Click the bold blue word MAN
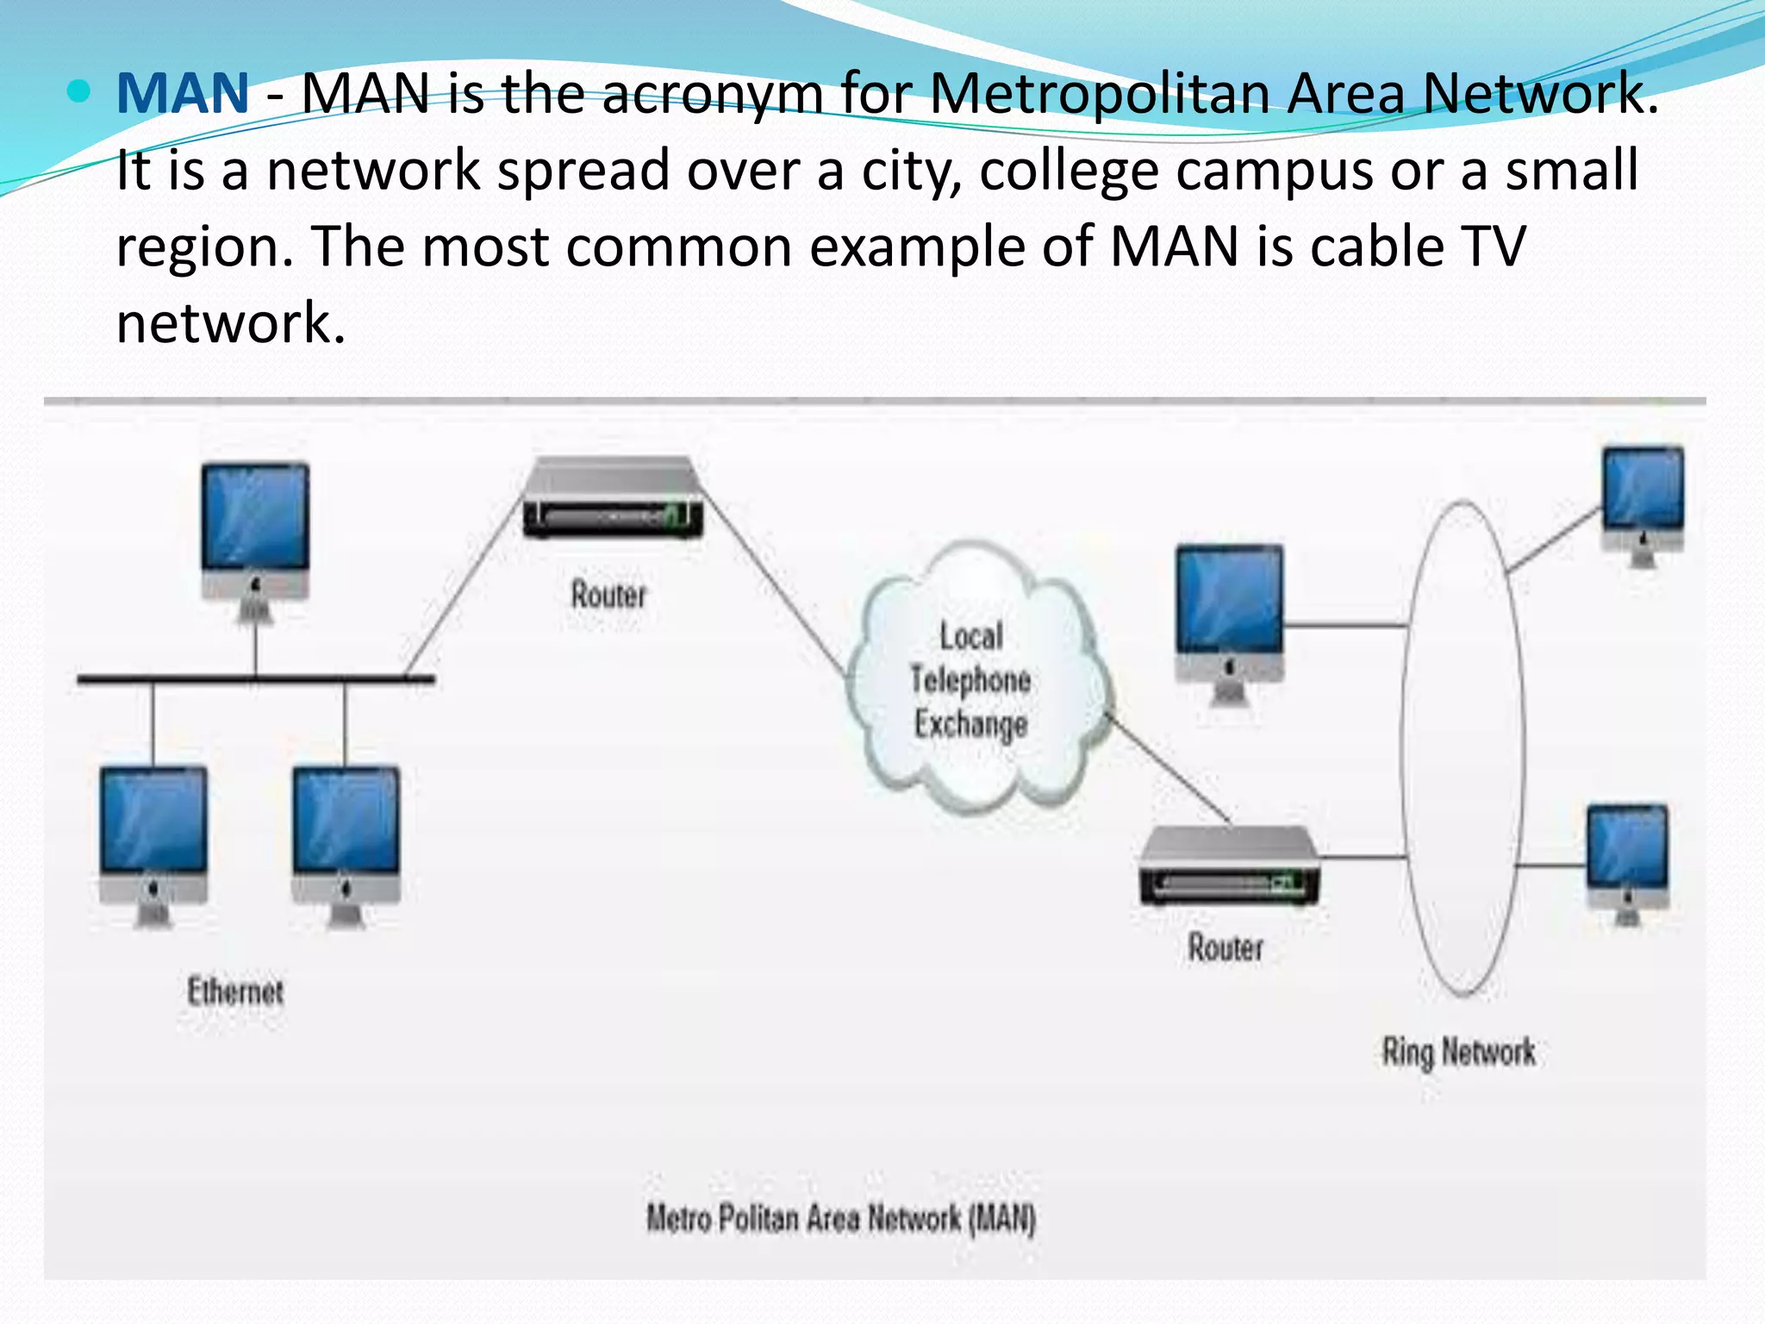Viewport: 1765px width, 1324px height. [x=183, y=93]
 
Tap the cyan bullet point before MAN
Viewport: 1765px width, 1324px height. [x=78, y=91]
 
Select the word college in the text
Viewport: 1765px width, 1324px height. [x=1069, y=170]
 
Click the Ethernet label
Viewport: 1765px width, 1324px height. [x=235, y=991]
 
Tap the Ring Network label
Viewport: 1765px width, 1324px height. [x=1458, y=1052]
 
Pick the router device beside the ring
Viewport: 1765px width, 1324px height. [x=1228, y=866]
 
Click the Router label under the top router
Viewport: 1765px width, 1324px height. [x=608, y=595]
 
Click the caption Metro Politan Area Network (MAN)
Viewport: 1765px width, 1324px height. [x=841, y=1219]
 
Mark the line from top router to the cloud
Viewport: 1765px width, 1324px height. [x=776, y=586]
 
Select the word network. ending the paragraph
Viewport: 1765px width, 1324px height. [x=231, y=323]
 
